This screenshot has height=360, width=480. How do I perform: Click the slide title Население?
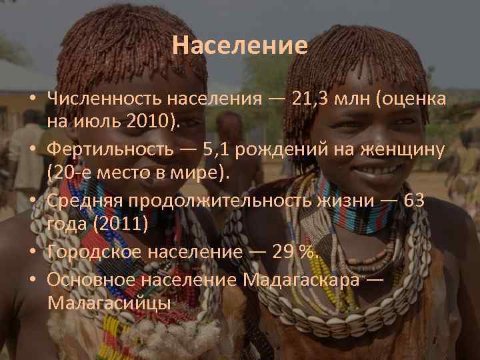pos(239,45)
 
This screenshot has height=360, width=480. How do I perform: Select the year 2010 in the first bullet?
pos(160,120)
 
